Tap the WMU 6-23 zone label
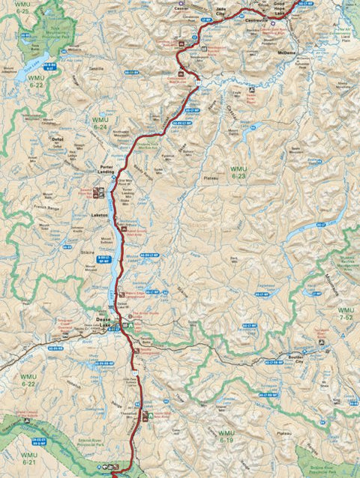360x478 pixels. pyautogui.click(x=238, y=172)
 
